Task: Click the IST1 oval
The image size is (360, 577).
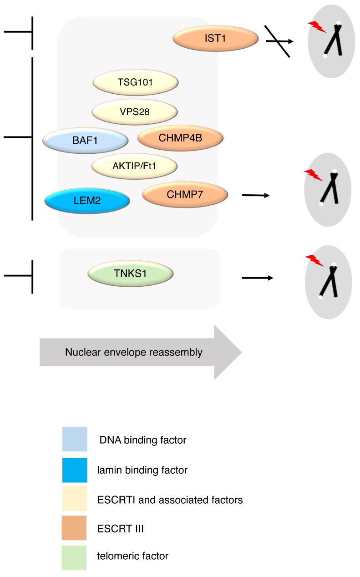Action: (215, 38)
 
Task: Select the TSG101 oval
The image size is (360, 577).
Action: (136, 82)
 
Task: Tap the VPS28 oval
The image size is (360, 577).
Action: (135, 112)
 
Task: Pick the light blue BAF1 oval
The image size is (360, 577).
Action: (85, 141)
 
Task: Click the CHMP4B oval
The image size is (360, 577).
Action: (180, 138)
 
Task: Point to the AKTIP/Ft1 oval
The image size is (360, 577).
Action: (135, 166)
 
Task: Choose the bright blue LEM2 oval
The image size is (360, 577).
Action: (87, 200)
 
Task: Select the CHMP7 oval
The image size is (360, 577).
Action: (185, 194)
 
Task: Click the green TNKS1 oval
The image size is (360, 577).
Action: (131, 273)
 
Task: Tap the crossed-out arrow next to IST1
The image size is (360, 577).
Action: (279, 41)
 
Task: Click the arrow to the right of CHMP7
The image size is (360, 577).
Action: (256, 196)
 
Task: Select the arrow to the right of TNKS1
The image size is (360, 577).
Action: (258, 278)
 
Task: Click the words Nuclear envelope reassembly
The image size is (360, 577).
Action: (134, 352)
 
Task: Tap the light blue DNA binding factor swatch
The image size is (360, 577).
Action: (75, 439)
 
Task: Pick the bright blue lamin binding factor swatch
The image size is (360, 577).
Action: (75, 470)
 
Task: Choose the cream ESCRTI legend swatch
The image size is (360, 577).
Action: (75, 498)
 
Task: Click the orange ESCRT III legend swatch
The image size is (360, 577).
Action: (74, 527)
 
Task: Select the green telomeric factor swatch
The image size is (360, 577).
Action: (74, 557)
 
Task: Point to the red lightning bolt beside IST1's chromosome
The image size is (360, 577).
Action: (317, 27)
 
